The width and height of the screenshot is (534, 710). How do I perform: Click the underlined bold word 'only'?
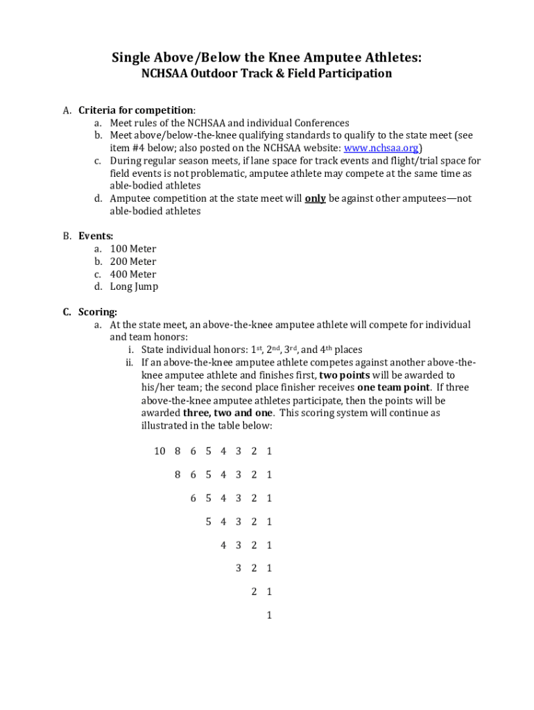(x=316, y=198)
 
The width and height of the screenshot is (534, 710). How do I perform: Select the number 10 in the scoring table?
(x=160, y=451)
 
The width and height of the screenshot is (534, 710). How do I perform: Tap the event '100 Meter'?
(x=133, y=249)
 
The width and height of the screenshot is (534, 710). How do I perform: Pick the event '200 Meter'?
(x=133, y=261)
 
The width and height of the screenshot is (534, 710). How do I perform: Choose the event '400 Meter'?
(x=133, y=274)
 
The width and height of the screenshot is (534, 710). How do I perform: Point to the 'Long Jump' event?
(x=134, y=286)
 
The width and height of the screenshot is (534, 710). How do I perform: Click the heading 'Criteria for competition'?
(x=135, y=110)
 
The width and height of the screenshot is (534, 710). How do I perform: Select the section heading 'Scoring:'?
(x=98, y=312)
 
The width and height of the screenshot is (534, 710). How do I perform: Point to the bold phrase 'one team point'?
(x=394, y=388)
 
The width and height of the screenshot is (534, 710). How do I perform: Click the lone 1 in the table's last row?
(x=269, y=615)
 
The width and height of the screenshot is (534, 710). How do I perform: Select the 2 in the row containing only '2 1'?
(x=254, y=591)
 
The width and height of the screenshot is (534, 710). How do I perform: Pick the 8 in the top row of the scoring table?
(x=178, y=451)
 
